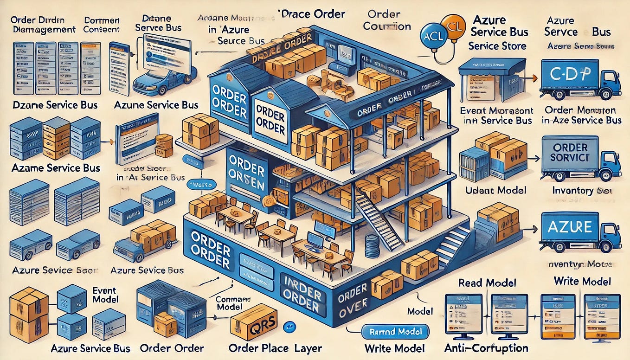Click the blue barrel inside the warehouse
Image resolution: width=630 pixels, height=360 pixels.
pos(372,246)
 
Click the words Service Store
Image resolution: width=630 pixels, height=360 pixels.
pos(497,46)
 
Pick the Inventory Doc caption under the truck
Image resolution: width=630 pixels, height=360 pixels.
pos(580,191)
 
